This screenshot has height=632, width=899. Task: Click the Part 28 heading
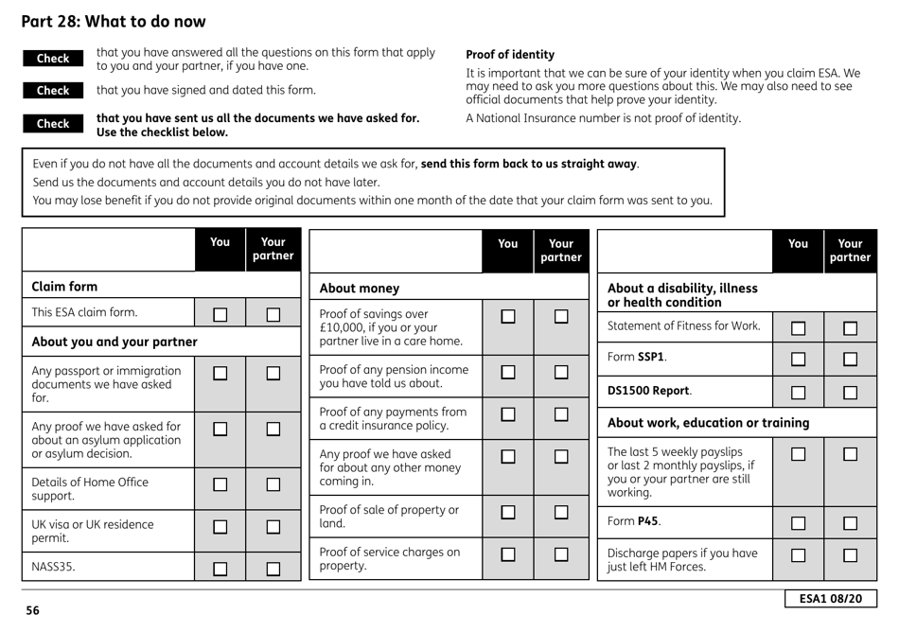(114, 21)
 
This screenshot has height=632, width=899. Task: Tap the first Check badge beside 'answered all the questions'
(53, 59)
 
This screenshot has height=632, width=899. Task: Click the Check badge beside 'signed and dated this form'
(53, 92)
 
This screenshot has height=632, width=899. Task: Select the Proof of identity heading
(510, 55)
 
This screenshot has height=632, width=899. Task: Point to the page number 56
(33, 611)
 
